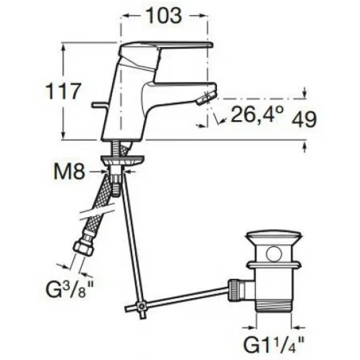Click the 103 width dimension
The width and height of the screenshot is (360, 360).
coord(164,15)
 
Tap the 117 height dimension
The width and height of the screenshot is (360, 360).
coord(64,91)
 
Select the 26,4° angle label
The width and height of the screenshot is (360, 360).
coord(257,114)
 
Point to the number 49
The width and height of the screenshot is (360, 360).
coord(304,119)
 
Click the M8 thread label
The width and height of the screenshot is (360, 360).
coord(70,171)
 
